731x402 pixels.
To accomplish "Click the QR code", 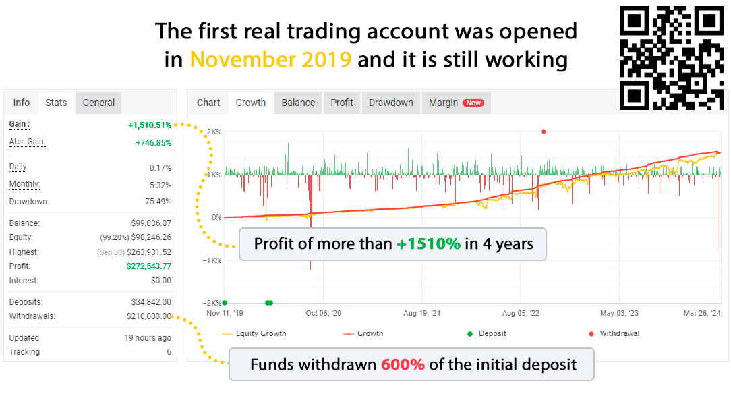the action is tap(672, 58).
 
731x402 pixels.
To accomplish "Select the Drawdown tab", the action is tap(390, 103).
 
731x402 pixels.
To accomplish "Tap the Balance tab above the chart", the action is tap(298, 103).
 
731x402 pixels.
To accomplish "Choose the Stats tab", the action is tap(56, 103).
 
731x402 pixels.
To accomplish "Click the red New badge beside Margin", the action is tap(473, 103).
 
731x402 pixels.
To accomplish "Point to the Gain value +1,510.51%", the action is tap(150, 125).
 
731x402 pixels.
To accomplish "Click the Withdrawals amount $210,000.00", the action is tap(149, 316).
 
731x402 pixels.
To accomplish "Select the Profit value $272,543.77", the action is tap(149, 266).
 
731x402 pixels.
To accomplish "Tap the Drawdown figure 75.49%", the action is tap(158, 202).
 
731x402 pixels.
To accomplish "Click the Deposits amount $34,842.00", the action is tap(151, 302).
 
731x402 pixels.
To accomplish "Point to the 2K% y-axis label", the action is tap(214, 132).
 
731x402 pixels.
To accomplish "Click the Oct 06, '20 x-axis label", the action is tap(323, 313).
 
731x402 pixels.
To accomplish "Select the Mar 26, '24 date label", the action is tap(701, 313).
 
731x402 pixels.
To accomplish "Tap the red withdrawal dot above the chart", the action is tap(543, 132).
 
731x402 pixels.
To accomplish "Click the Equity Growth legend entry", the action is tap(254, 333).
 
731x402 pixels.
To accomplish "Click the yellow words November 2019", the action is tap(270, 60).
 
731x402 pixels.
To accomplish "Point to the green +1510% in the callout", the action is tap(428, 244).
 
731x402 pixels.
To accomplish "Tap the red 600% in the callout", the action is tap(403, 364).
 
